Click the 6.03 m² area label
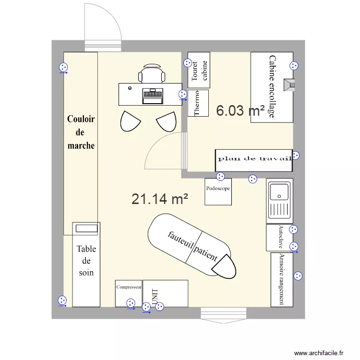point(240,111)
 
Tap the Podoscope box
point(218,191)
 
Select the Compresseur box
point(129,293)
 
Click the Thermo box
point(198,103)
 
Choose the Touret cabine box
point(199,71)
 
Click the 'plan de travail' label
point(254,158)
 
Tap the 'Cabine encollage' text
point(272,86)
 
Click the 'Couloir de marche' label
point(81,132)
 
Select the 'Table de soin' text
point(86,261)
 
